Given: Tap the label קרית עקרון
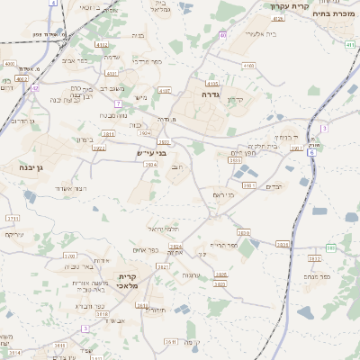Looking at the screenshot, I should point(289,6).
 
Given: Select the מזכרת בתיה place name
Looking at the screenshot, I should point(332,14).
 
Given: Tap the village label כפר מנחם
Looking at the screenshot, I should point(318,277).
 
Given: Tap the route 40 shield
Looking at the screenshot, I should point(222,35).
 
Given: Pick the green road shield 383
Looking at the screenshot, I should point(330,247).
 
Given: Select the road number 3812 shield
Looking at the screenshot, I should point(314,259).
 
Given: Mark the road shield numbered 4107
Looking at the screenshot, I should point(164,91).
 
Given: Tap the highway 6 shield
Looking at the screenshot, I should point(311,153).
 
